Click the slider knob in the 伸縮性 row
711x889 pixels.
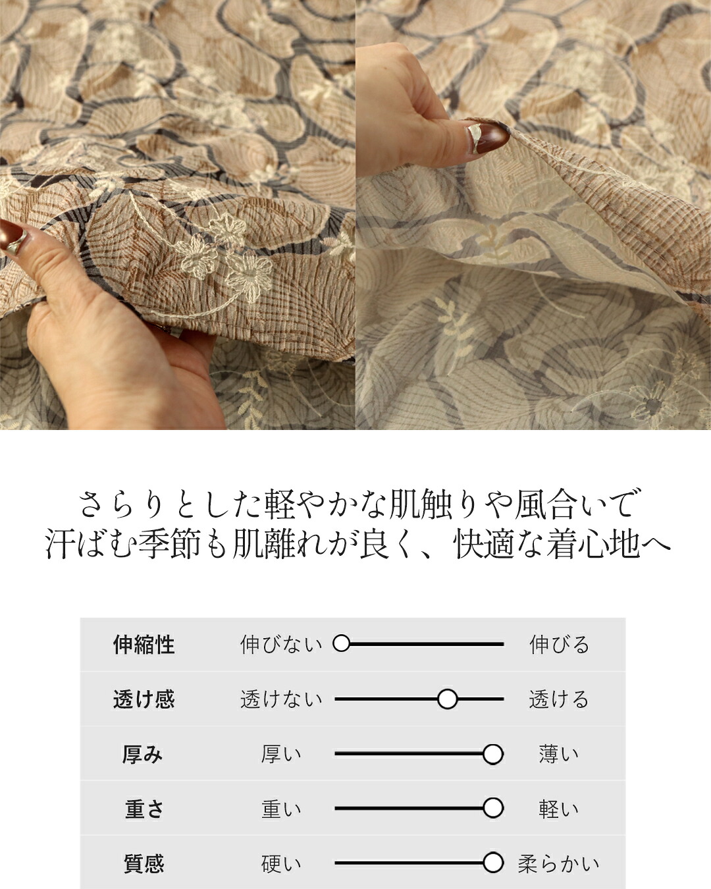[x=341, y=643]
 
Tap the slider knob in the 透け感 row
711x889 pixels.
[x=447, y=699]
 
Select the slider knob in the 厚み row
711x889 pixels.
[x=492, y=754]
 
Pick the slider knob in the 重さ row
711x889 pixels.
[x=492, y=808]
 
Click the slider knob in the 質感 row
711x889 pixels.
[x=492, y=863]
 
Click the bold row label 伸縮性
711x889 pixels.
[x=144, y=645]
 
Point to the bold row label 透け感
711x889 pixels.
[x=144, y=699]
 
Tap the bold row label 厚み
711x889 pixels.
[x=143, y=754]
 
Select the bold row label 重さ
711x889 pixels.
[x=144, y=809]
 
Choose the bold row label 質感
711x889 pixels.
[x=144, y=863]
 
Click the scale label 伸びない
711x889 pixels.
[x=281, y=645]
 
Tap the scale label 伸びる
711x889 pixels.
[x=559, y=645]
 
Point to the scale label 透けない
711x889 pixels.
[x=281, y=699]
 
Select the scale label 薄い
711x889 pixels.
[x=558, y=754]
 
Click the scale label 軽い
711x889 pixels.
[x=558, y=809]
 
